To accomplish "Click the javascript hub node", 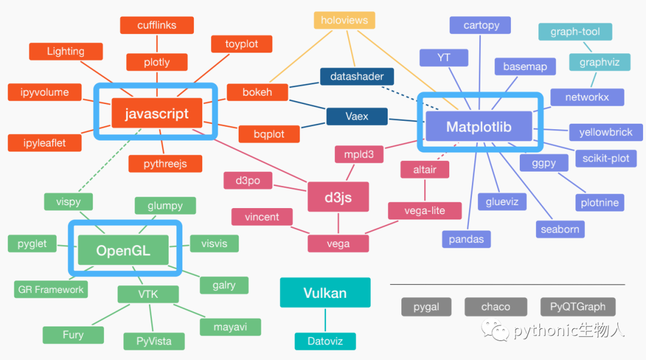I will [157, 114].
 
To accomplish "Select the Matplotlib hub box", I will [479, 127].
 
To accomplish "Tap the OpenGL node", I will [123, 250].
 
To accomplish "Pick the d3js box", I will [338, 197].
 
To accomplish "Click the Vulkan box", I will [325, 293].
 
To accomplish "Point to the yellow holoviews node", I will [344, 20].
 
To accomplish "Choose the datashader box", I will [356, 77].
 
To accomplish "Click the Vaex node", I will [356, 117].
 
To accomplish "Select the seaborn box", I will [559, 229].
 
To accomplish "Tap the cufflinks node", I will [157, 25].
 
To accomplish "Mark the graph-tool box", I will [575, 32].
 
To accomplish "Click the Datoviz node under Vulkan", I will [325, 341].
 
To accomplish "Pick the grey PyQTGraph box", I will [577, 307].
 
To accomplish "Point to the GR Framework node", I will [51, 289].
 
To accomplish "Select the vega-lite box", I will [425, 210].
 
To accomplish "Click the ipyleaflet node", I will [36, 143].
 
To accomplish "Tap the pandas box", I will [467, 239].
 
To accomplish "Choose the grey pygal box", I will [426, 307].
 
